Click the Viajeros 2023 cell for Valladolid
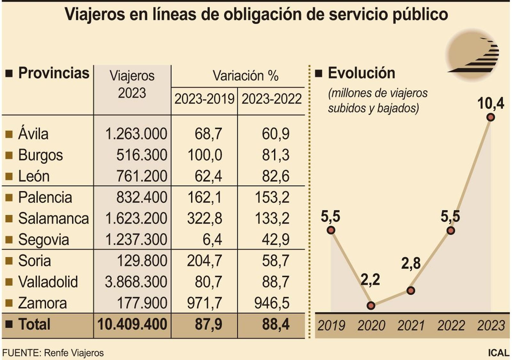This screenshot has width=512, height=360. point(136,282)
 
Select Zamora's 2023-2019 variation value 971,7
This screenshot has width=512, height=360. point(204,303)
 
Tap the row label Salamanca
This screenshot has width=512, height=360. point(53,219)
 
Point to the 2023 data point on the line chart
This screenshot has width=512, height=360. point(491,117)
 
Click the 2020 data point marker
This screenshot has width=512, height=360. point(371,306)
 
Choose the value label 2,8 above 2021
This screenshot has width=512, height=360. point(411,263)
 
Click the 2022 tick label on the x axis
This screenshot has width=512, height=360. point(451,326)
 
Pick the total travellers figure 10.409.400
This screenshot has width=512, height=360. point(132,324)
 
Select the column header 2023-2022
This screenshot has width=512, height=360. point(271,99)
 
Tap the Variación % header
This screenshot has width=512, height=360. point(245,76)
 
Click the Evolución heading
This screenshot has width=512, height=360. point(361,73)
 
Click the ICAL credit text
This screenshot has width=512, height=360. point(498,353)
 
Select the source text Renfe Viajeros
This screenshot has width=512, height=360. point(74,353)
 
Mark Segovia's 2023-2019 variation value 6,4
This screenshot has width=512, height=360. point(212,240)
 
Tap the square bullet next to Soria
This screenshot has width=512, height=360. point(9,261)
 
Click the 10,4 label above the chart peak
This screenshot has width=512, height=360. point(491,103)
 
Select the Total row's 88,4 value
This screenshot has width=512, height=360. point(276,324)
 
